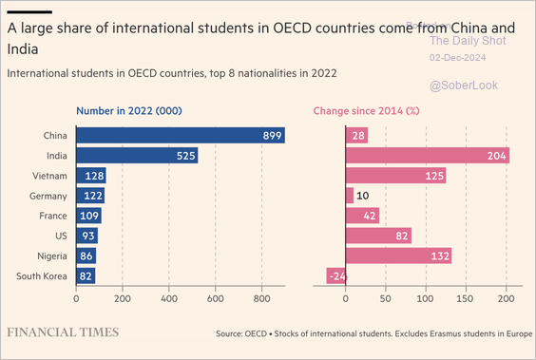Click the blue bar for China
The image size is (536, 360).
181,136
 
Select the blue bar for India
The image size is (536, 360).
137,156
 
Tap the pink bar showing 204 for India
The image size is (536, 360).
427,156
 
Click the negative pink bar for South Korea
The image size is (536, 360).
335,276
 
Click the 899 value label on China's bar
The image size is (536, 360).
273,136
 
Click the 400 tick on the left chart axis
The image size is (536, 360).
169,297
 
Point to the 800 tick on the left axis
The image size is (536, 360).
261,297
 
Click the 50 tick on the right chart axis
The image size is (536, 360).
385,297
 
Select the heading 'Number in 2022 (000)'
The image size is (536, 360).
136,111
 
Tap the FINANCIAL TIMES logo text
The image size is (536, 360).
63,332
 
